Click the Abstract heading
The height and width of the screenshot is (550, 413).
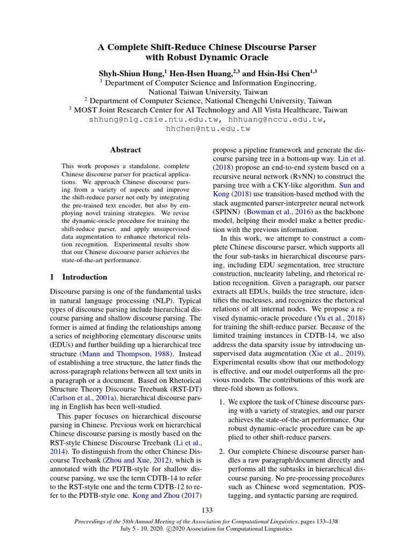click(x=125, y=150)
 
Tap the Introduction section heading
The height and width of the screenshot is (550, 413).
click(x=84, y=277)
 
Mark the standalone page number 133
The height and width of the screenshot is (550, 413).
click(x=207, y=510)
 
